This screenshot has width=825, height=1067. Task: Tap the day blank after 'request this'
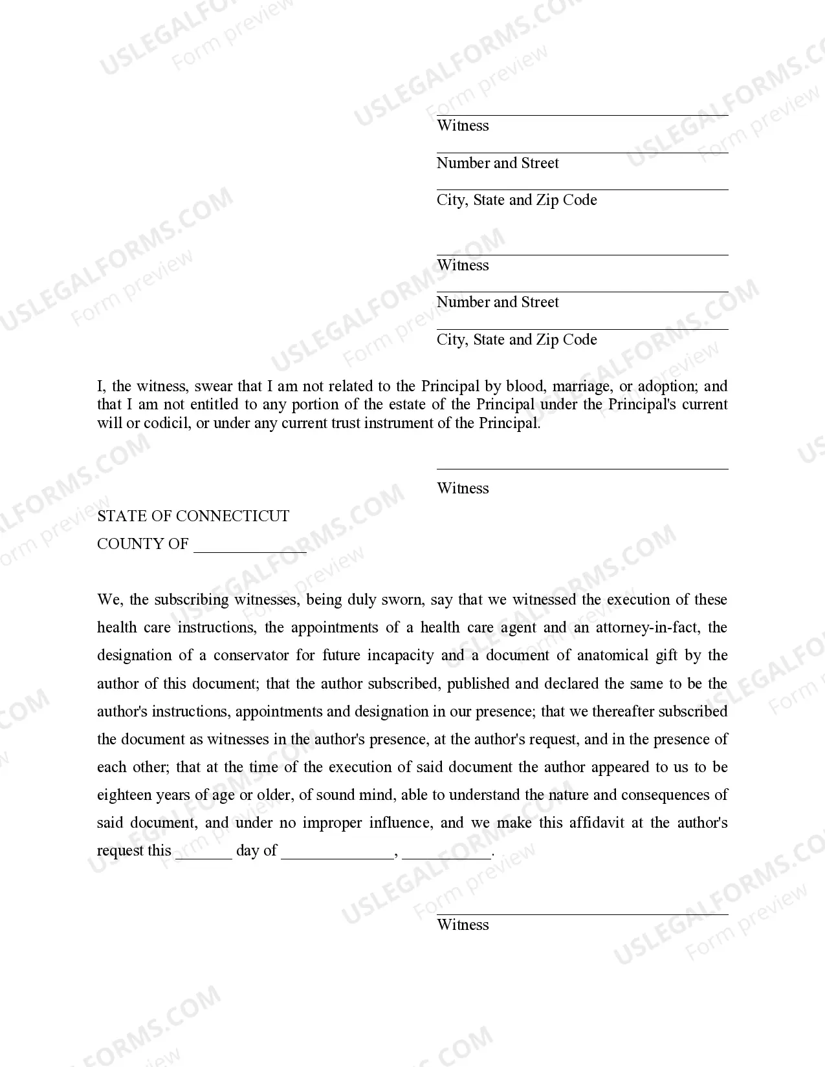(x=203, y=855)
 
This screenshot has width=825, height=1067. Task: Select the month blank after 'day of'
(x=338, y=855)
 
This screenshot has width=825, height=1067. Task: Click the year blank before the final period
(x=446, y=855)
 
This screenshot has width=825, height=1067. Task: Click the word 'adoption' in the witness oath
(x=666, y=387)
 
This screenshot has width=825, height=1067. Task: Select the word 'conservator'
(x=251, y=656)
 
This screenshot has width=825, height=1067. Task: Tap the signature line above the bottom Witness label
(x=582, y=914)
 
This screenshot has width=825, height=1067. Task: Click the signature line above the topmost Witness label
(x=582, y=115)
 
